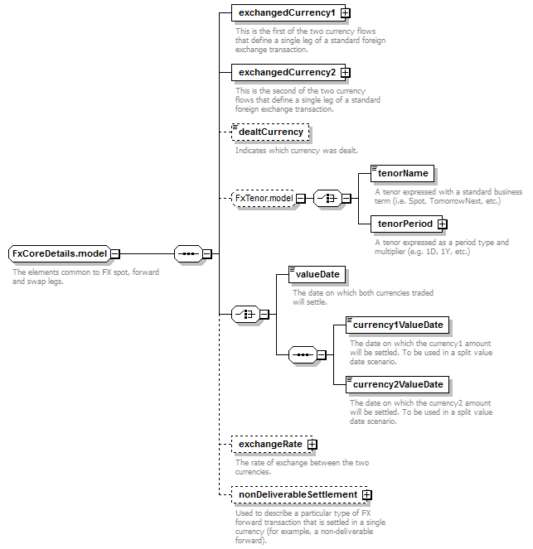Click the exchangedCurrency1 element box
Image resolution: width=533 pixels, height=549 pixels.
(x=288, y=13)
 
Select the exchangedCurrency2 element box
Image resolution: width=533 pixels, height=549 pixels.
(x=288, y=73)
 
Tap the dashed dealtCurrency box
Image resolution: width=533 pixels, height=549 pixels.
(x=270, y=132)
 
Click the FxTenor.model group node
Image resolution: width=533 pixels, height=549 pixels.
(x=264, y=198)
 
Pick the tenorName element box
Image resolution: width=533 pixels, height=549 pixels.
(x=402, y=173)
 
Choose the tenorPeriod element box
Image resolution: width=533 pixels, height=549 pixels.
(x=406, y=224)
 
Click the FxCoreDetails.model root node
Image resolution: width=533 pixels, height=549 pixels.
(x=59, y=253)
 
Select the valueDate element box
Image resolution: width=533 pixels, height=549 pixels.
(x=317, y=274)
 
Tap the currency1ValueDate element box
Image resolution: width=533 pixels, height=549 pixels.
(x=397, y=325)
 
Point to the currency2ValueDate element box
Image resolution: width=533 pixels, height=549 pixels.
(x=397, y=384)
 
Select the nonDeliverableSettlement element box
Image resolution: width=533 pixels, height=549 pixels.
(x=299, y=494)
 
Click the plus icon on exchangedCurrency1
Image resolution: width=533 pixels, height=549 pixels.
(x=346, y=13)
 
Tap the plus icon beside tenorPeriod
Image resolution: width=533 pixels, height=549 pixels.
(x=443, y=224)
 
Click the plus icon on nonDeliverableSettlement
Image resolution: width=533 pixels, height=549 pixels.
(x=367, y=494)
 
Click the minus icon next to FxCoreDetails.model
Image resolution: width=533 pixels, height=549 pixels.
(x=115, y=253)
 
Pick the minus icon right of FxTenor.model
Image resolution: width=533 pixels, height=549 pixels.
(x=301, y=199)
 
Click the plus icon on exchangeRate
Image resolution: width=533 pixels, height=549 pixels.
(x=313, y=445)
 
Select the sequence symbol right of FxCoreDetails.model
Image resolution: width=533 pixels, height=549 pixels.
(x=188, y=253)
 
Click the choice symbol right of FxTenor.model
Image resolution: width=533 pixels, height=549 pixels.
(x=327, y=199)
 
